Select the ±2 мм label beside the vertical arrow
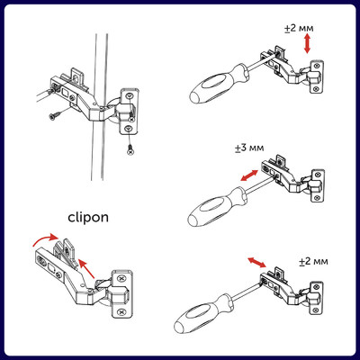point(297,28)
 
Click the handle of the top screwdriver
point(209,89)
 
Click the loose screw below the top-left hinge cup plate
point(131,148)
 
